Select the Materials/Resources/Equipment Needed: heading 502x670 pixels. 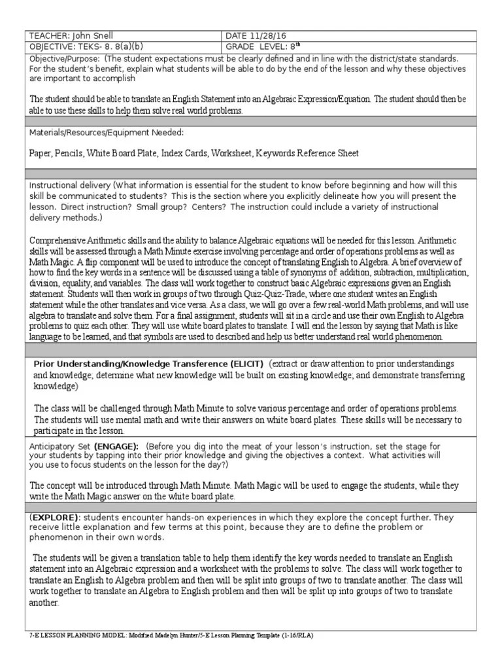coord(107,133)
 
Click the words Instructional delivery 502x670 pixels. coord(69,186)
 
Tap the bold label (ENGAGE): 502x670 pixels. coord(116,446)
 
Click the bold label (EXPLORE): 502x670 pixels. coord(55,518)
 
